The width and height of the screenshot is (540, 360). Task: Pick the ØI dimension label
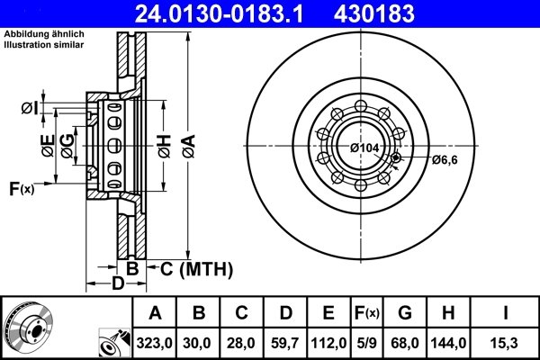pyautogui.click(x=29, y=109)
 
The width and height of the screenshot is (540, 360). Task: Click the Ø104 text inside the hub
pyautogui.click(x=364, y=147)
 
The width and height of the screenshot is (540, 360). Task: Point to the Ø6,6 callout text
pyautogui.click(x=445, y=160)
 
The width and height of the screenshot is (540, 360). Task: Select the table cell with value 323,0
pyautogui.click(x=155, y=342)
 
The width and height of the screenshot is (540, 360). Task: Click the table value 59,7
pyautogui.click(x=285, y=342)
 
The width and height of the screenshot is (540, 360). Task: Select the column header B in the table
pyautogui.click(x=199, y=313)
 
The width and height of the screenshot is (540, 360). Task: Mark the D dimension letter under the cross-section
pyautogui.click(x=117, y=284)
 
